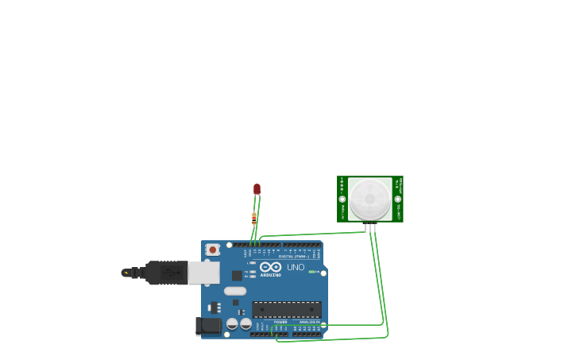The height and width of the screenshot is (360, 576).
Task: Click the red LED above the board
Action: click(257, 189)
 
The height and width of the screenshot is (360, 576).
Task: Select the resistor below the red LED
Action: click(254, 219)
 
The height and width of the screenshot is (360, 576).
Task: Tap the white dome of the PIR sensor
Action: click(369, 199)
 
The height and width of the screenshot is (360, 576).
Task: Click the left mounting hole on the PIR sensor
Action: click(342, 199)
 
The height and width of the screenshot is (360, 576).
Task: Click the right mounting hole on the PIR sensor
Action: click(397, 199)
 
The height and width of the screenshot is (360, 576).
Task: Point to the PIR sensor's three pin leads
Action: click(370, 228)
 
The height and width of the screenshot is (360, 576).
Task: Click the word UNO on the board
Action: click(296, 267)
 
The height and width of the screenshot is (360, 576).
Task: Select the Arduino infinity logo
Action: click(270, 267)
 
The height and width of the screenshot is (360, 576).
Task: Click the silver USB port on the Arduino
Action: click(203, 273)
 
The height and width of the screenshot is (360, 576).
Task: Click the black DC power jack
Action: click(208, 326)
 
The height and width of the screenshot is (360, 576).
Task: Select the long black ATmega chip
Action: click(287, 309)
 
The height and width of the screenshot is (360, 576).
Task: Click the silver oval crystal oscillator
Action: click(235, 291)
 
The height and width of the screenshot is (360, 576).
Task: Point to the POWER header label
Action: click(280, 322)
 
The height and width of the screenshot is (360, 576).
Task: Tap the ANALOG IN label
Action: click(309, 322)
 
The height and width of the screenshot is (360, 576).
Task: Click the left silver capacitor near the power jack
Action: click(232, 324)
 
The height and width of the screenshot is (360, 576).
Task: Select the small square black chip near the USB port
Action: click(237, 275)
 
